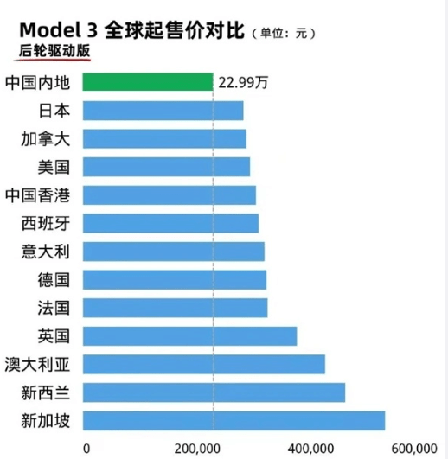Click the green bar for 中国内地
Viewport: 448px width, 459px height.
(x=147, y=82)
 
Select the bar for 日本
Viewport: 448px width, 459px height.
(x=163, y=111)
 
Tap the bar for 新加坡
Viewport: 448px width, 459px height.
(x=234, y=421)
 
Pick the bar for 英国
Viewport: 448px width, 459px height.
(x=189, y=335)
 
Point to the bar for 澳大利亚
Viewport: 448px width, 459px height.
(x=203, y=364)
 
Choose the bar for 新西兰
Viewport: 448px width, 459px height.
(x=214, y=392)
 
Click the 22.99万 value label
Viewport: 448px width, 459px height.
(x=243, y=83)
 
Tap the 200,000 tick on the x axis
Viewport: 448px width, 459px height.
(x=200, y=448)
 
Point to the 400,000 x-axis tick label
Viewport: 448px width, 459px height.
(x=309, y=448)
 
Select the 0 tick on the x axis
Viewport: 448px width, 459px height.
(x=86, y=448)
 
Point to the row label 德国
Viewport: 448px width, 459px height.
(x=53, y=279)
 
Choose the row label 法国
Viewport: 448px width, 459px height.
(x=53, y=308)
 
